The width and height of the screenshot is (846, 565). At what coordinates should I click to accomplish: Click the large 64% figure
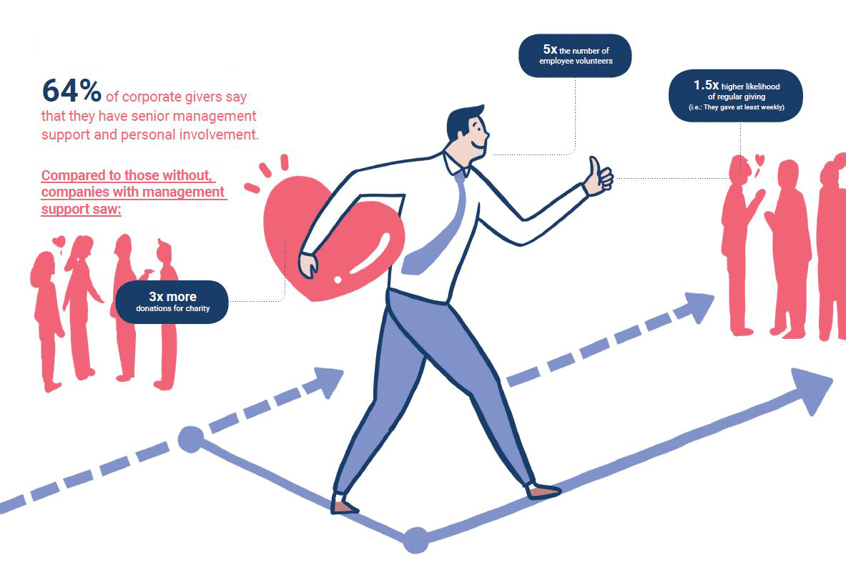pos(72,91)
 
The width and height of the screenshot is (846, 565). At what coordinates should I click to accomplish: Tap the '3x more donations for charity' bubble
pos(172,302)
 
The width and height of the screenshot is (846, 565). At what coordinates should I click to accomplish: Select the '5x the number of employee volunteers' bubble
pos(575,56)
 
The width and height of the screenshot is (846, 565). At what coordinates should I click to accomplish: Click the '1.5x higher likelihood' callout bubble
pos(736,95)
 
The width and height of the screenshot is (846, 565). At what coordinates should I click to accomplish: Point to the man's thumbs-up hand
pos(599,176)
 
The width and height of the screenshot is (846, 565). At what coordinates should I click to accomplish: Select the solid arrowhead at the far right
pos(813,390)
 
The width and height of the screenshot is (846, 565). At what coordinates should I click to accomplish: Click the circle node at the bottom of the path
pos(416,540)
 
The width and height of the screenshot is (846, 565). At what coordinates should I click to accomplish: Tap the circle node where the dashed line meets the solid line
pos(191,438)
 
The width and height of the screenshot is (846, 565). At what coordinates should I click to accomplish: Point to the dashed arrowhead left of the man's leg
pos(327,381)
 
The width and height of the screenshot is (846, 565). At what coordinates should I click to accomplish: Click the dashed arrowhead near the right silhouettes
pos(698,306)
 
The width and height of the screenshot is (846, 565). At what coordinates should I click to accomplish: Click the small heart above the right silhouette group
pos(759,159)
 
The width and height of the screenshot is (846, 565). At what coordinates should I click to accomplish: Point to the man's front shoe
pos(543,491)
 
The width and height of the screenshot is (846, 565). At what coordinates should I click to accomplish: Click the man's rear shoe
pos(344,506)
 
